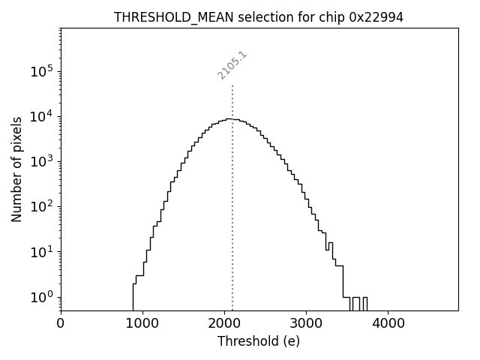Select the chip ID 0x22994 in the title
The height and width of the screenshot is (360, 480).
(376, 17)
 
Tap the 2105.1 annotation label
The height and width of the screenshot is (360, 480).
(232, 65)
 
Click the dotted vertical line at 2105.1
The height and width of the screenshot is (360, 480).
(232, 187)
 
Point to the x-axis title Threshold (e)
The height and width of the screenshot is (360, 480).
(259, 341)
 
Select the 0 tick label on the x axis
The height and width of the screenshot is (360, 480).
(61, 324)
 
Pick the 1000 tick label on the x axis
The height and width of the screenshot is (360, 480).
(142, 324)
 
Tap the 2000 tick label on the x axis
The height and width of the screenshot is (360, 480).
(224, 324)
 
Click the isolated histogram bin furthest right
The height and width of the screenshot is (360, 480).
(365, 303)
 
